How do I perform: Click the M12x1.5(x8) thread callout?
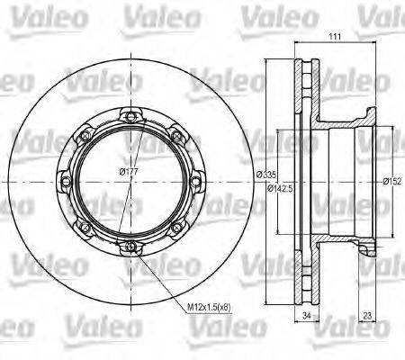pyautogui.click(x=209, y=307)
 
